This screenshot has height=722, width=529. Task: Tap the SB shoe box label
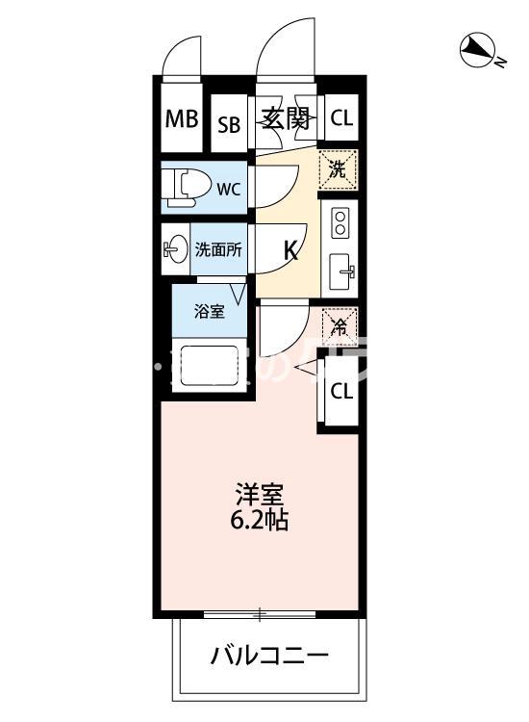[228, 124]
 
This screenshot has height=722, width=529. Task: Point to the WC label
[228, 189]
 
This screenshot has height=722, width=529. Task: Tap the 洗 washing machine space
[338, 169]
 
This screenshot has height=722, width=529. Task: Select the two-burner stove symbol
[340, 223]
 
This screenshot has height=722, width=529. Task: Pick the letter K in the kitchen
[290, 250]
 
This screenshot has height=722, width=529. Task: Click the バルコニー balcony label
[270, 658]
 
